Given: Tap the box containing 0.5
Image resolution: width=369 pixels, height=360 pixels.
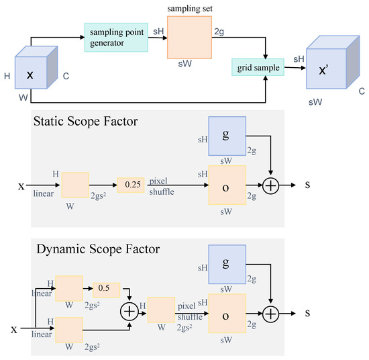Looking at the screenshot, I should click(106, 288).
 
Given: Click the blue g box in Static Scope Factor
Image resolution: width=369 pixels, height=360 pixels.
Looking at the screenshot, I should click(227, 135).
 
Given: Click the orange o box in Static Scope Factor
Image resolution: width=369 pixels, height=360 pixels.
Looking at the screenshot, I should click(227, 185).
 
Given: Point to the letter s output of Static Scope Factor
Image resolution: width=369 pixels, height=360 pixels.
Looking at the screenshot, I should click(307, 184).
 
